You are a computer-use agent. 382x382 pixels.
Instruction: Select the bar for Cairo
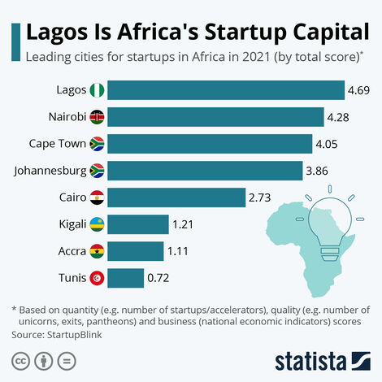point(176,198)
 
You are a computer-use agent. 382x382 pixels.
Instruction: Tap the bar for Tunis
point(125,278)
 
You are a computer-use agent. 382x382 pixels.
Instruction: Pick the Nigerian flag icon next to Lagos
point(96,90)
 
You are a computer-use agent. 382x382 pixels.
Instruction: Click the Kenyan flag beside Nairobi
point(96,117)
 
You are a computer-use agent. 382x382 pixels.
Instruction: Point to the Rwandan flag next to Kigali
point(96,224)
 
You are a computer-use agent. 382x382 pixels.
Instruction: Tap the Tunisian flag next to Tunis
point(96,278)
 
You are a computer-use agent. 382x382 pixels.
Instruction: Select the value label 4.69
point(358,90)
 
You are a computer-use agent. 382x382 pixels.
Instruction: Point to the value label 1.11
point(176,251)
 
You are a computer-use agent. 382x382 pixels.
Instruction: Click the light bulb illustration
point(329,218)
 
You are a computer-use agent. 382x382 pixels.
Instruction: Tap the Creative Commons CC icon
point(20,359)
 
